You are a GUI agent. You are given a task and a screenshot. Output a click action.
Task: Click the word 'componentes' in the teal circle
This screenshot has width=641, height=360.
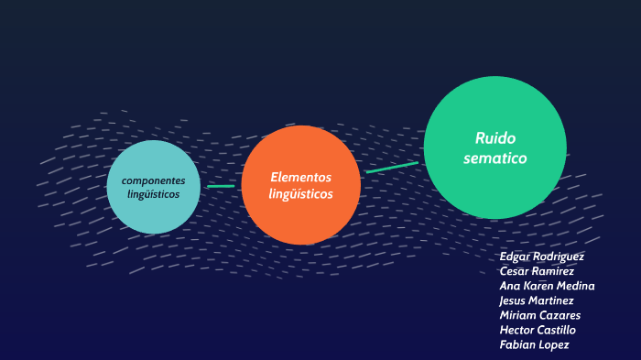[x=153, y=180]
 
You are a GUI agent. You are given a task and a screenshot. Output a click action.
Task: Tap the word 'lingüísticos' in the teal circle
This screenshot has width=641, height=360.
[x=153, y=195]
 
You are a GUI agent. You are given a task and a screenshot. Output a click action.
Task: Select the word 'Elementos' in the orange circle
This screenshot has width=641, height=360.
[x=300, y=177]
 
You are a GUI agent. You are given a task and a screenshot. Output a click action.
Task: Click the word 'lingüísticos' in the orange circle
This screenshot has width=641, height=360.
[x=300, y=194]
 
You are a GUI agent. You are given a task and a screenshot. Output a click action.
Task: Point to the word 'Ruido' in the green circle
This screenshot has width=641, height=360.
[x=495, y=138]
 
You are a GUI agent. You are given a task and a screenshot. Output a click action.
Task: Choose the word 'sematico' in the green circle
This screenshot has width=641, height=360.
[x=495, y=158]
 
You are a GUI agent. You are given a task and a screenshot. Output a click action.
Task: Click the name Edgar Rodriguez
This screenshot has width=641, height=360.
[x=541, y=256]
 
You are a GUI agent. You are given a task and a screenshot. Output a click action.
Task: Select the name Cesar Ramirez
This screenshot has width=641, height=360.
[x=537, y=271]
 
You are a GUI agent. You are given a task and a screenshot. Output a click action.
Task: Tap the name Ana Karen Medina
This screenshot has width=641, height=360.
[x=547, y=286]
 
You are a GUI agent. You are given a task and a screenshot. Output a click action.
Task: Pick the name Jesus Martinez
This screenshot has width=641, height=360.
[x=537, y=300]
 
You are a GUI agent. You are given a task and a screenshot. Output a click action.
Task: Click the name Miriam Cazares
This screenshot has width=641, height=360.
[x=539, y=315]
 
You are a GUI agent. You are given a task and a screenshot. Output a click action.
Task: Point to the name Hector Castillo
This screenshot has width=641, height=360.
[x=538, y=330]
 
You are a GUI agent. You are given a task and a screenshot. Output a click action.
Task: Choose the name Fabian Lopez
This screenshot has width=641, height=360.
[x=534, y=344]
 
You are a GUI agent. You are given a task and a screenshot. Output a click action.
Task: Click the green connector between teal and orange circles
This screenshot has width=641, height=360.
[x=221, y=186]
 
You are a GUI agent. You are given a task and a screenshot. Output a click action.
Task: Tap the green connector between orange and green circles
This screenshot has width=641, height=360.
[x=392, y=168]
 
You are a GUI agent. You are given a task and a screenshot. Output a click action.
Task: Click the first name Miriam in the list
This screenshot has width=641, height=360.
[x=517, y=315]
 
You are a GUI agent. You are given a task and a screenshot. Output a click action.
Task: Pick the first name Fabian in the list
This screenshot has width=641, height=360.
[x=517, y=344]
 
